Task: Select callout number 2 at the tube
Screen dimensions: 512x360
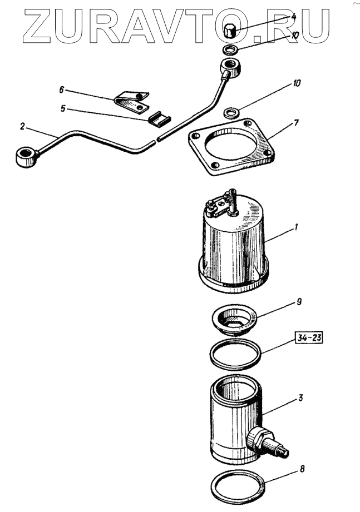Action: [22, 127]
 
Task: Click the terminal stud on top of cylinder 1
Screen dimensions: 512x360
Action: [230, 200]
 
